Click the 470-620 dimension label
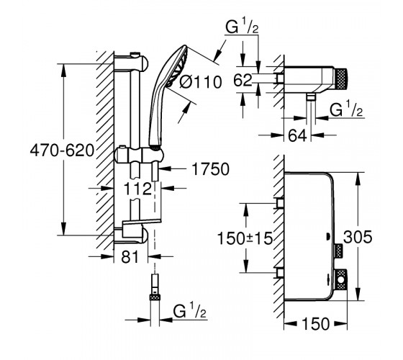point(62,150)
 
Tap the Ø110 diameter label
point(201,82)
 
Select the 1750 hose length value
point(210,169)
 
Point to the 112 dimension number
point(137,189)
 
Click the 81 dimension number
point(130,256)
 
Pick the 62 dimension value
point(243,80)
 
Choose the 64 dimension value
point(297,135)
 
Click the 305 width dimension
point(358,237)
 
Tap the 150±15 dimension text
point(245,238)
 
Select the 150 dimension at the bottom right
point(316,324)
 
